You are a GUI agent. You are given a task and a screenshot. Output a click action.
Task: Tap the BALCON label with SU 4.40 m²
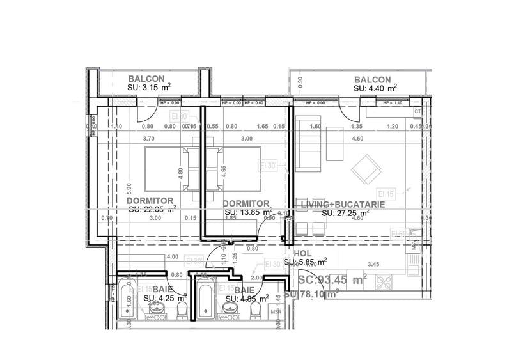373,78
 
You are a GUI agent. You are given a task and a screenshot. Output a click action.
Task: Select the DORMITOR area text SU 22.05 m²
152,208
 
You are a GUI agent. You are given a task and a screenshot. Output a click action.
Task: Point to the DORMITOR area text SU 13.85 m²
248,211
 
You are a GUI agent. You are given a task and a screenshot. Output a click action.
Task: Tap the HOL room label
302,253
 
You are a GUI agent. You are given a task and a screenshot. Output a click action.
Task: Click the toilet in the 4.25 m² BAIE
182,311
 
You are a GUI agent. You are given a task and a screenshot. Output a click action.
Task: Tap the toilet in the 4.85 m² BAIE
256,311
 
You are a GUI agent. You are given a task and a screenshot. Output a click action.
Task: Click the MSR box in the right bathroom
277,313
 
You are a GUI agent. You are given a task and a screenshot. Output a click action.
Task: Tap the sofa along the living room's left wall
309,142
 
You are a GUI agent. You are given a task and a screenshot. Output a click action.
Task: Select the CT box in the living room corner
417,112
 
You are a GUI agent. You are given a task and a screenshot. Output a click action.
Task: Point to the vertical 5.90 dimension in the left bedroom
129,189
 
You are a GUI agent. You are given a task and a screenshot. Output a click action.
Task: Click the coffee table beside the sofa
334,144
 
